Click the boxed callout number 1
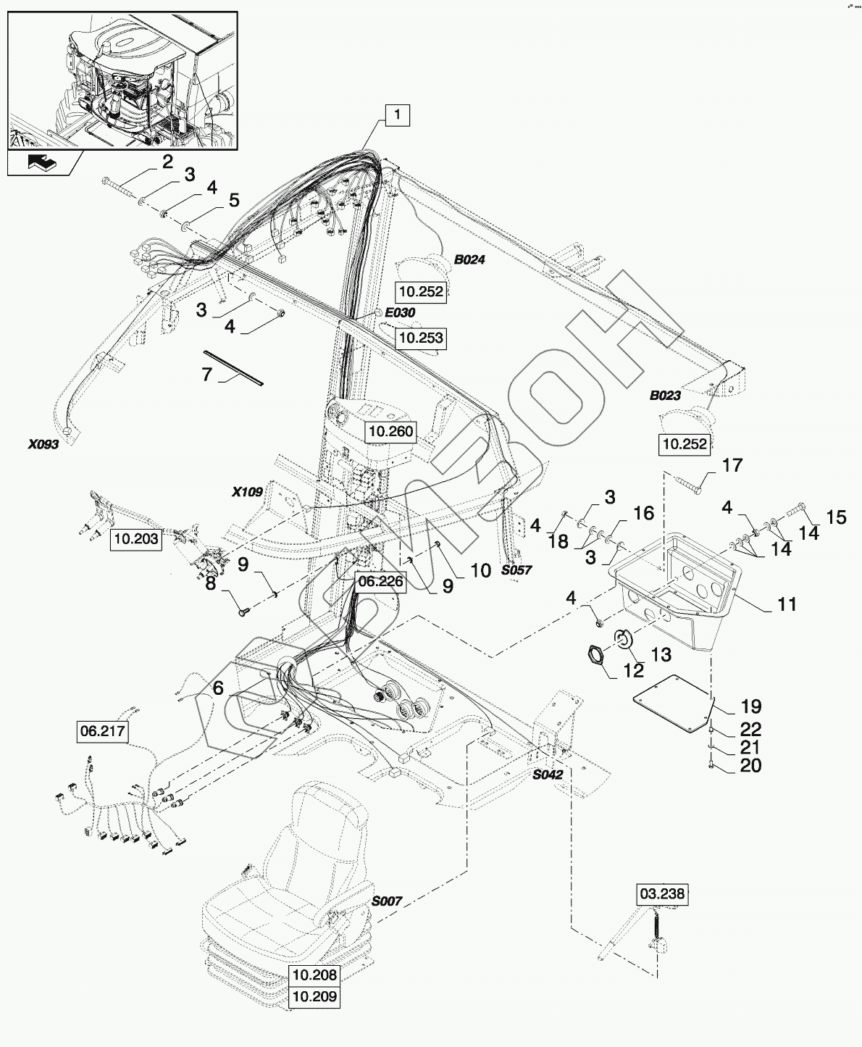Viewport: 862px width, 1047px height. [x=398, y=115]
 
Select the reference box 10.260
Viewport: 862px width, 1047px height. [x=390, y=433]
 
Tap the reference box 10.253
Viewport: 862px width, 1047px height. [x=420, y=338]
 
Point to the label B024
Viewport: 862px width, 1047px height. [x=469, y=259]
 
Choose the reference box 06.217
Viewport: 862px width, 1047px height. [x=103, y=732]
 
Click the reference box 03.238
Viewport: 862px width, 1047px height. [x=661, y=894]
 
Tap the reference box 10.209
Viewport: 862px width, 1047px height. [x=314, y=997]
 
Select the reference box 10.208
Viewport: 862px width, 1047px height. [x=314, y=975]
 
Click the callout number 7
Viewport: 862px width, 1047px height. [x=206, y=374]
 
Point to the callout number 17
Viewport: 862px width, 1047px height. [x=733, y=465]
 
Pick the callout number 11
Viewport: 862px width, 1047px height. [x=787, y=603]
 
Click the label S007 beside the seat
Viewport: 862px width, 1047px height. [x=387, y=902]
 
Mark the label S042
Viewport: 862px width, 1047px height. [x=548, y=775]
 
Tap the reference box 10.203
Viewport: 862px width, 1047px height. [x=135, y=540]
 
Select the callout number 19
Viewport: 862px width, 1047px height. [x=750, y=706]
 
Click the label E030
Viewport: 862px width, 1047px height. [x=400, y=312]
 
